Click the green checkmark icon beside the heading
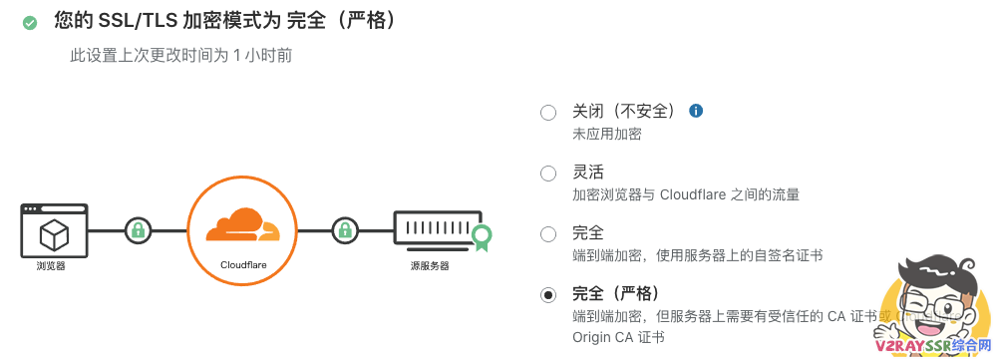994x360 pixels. (30, 22)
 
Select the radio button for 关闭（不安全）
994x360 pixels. (547, 113)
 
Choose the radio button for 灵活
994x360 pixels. (547, 174)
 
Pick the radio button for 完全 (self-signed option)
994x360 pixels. (547, 234)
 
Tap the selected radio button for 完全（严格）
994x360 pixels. (547, 295)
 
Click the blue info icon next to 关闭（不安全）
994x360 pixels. (697, 111)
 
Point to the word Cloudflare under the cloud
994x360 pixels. (242, 265)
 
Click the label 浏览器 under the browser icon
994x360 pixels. (51, 266)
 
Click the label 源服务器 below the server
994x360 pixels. (430, 266)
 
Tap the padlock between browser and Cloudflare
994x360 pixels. (138, 230)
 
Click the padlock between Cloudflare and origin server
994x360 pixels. (345, 230)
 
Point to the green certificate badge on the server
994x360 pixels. (482, 236)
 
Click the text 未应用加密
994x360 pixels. (606, 134)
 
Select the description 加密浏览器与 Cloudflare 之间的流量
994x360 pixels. (685, 194)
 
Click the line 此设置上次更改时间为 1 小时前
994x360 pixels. (180, 56)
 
